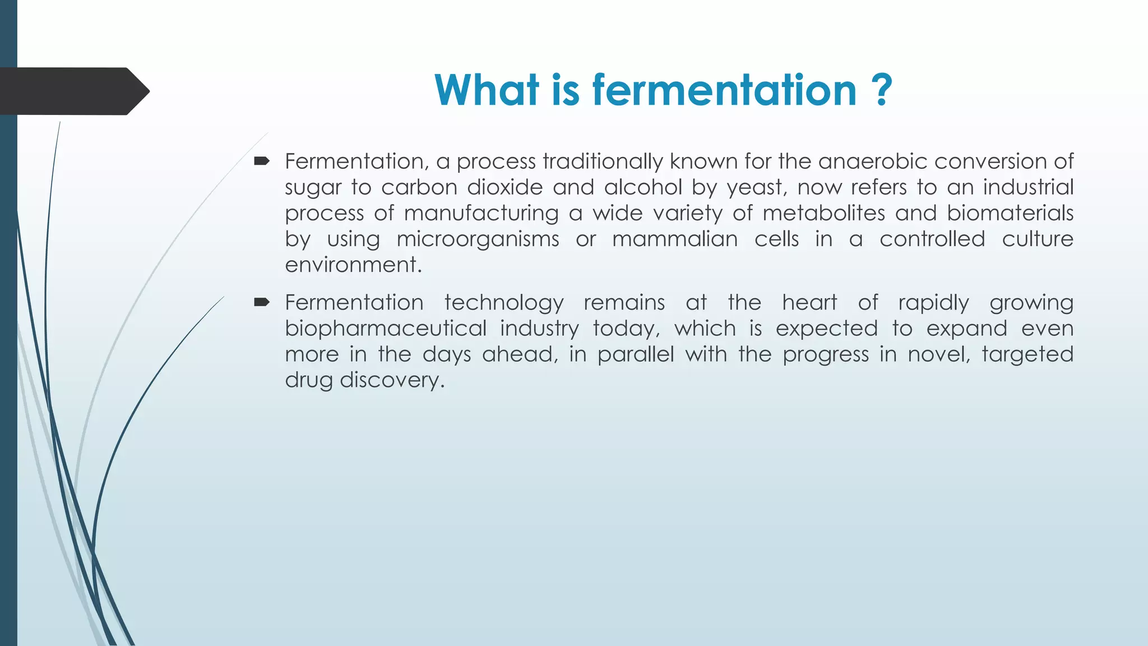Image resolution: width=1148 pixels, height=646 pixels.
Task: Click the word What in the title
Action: coord(487,90)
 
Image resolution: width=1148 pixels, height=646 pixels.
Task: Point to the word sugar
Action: coord(313,188)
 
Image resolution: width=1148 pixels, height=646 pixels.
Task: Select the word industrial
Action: coord(1028,187)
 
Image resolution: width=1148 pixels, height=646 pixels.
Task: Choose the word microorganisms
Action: coord(478,239)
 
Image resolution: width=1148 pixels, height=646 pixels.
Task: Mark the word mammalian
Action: coord(674,239)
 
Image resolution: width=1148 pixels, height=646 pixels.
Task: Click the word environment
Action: coord(353,265)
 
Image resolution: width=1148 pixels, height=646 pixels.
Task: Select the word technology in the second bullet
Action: coord(504,303)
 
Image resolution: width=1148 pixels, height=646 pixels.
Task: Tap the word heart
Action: coord(809,303)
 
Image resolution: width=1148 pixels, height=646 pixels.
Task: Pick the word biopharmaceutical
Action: coord(386,329)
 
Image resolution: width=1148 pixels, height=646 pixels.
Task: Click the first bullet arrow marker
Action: coord(262,162)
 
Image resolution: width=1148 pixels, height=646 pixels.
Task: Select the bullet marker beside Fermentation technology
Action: coord(262,303)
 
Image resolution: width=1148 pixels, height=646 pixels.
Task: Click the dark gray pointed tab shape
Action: coord(73,91)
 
